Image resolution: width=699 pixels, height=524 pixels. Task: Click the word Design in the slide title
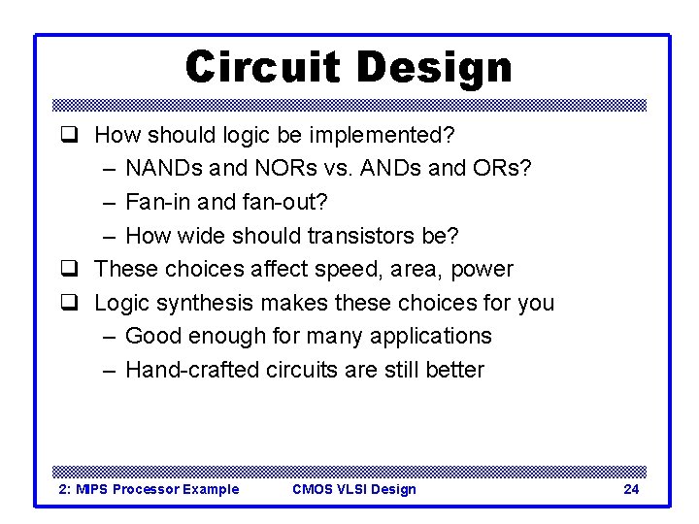tap(433, 67)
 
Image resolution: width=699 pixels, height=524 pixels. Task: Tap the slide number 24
tap(631, 489)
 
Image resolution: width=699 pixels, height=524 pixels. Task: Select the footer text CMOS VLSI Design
tap(353, 489)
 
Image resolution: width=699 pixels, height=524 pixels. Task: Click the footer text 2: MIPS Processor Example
tap(149, 489)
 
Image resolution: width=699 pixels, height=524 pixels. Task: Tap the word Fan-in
tap(154, 202)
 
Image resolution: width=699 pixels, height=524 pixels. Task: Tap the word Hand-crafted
tap(192, 370)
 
